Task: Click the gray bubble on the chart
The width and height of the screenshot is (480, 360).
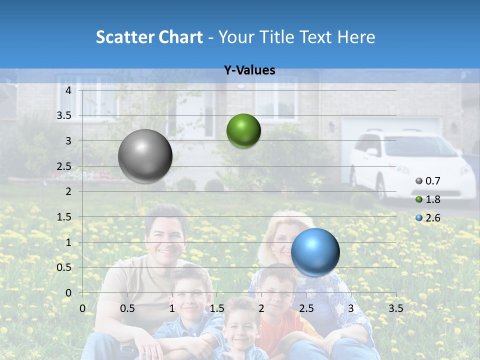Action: click(145, 156)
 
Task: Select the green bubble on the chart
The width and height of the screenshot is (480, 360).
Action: click(243, 130)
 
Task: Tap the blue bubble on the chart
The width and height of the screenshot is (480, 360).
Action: click(315, 252)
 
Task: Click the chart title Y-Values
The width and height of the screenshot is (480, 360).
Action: click(249, 70)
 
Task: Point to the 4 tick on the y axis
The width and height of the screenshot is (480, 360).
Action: click(68, 90)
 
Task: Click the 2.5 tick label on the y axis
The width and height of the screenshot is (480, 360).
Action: click(64, 166)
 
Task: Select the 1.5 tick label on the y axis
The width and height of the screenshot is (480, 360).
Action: click(64, 217)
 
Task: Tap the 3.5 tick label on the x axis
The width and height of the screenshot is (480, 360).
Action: click(395, 308)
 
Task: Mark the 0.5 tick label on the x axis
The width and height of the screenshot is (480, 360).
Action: click(127, 308)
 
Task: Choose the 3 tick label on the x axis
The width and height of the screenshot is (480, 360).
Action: click(351, 308)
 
